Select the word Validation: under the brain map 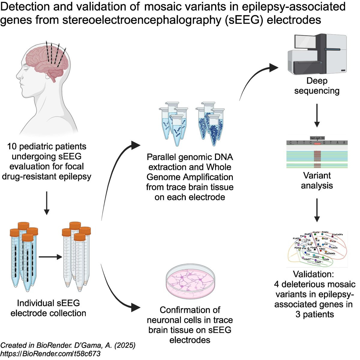[x=313, y=274]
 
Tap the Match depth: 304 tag [x=317, y=138]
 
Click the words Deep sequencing [x=317, y=86]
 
